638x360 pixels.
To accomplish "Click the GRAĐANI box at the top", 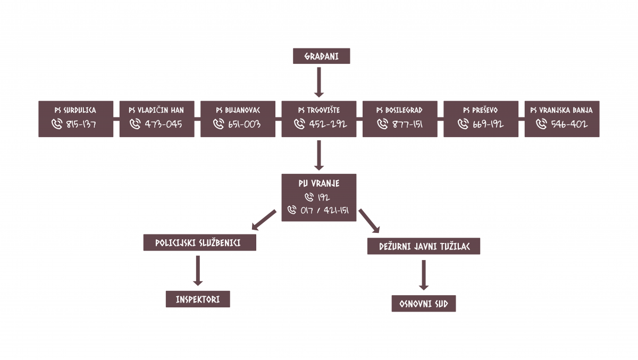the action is [x=321, y=56].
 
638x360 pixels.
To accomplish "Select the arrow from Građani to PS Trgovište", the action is [x=318, y=82].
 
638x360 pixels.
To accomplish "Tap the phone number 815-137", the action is [x=81, y=124].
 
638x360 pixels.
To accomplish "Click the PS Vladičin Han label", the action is [x=156, y=110].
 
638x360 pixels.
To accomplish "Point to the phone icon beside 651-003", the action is [x=219, y=124].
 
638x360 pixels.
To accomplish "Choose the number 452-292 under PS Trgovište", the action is [x=328, y=124].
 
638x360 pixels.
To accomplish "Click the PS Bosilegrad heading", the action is [x=399, y=110].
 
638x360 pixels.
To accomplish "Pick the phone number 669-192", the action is [x=488, y=124].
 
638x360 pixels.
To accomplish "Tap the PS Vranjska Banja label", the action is [x=561, y=110].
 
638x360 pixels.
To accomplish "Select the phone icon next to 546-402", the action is [x=541, y=124].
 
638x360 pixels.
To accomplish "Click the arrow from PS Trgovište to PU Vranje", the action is [x=318, y=155].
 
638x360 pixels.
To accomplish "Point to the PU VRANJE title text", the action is [x=318, y=183].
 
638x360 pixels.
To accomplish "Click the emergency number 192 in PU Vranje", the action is [x=324, y=197].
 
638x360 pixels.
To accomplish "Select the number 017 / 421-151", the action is [x=324, y=211].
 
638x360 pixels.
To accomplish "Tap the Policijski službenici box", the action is [x=200, y=242].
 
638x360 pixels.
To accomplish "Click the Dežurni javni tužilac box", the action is [x=424, y=246].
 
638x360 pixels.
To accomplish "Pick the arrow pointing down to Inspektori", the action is [x=198, y=271].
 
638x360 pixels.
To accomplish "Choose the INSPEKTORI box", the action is [x=198, y=299].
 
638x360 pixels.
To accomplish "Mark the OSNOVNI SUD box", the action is [x=424, y=304].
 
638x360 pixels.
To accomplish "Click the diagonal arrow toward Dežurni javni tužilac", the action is [x=369, y=221].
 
